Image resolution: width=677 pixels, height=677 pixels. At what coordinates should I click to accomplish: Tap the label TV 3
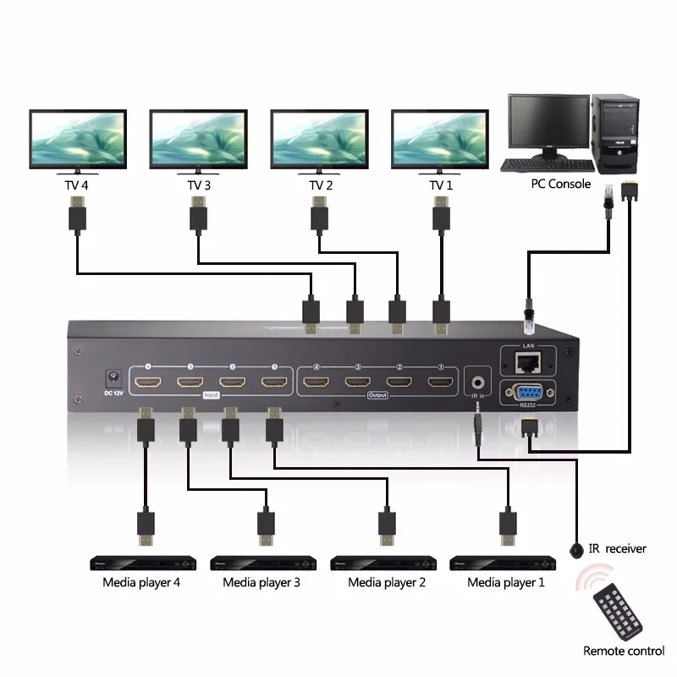[x=199, y=184]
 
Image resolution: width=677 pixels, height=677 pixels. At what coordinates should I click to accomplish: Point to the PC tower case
[x=615, y=132]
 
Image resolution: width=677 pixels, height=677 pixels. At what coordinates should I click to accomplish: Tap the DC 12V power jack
[x=109, y=376]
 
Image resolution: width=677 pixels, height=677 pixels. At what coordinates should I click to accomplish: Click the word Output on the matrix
[x=377, y=395]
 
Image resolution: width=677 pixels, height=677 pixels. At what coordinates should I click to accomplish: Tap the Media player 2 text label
[x=387, y=582]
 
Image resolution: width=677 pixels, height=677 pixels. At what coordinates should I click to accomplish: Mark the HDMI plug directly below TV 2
[x=320, y=215]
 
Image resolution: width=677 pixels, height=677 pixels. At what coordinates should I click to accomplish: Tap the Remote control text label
[x=624, y=651]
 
